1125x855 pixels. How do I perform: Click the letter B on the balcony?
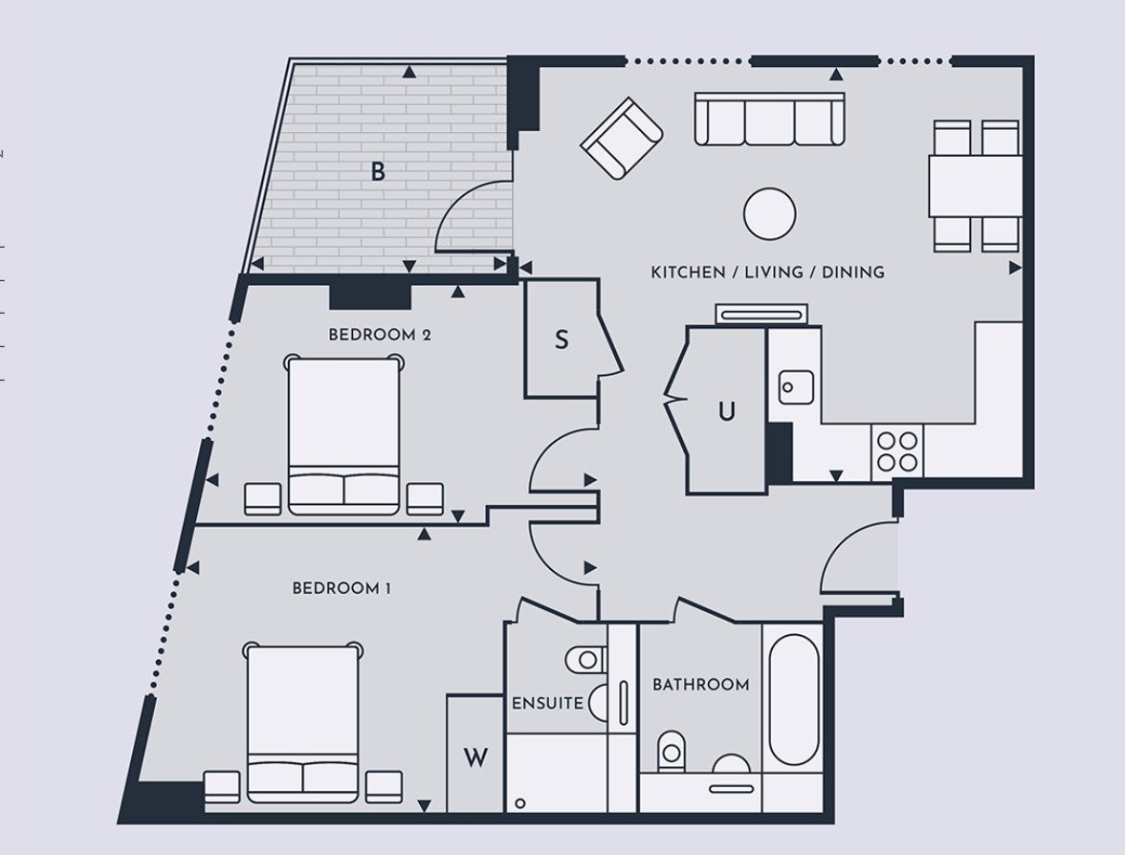click(x=378, y=172)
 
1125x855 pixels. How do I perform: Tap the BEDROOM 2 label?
click(x=380, y=335)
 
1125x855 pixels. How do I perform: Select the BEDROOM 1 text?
click(x=342, y=589)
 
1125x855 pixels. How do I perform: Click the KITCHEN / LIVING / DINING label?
click(x=767, y=273)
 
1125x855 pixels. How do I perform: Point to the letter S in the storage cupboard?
click(x=562, y=340)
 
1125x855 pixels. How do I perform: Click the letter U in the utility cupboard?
click(x=727, y=411)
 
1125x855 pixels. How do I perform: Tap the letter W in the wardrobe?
click(x=475, y=757)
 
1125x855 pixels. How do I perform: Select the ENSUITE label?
click(x=547, y=704)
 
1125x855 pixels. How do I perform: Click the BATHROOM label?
click(x=701, y=685)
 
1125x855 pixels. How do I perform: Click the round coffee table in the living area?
click(x=770, y=214)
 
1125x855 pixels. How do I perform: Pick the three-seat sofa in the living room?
click(x=769, y=119)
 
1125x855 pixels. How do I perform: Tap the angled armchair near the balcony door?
click(x=622, y=139)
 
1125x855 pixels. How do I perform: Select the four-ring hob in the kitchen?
click(x=897, y=451)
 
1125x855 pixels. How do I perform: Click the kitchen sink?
click(x=796, y=387)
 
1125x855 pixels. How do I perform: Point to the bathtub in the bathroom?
click(x=794, y=700)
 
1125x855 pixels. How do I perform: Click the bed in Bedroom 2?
click(x=342, y=436)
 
